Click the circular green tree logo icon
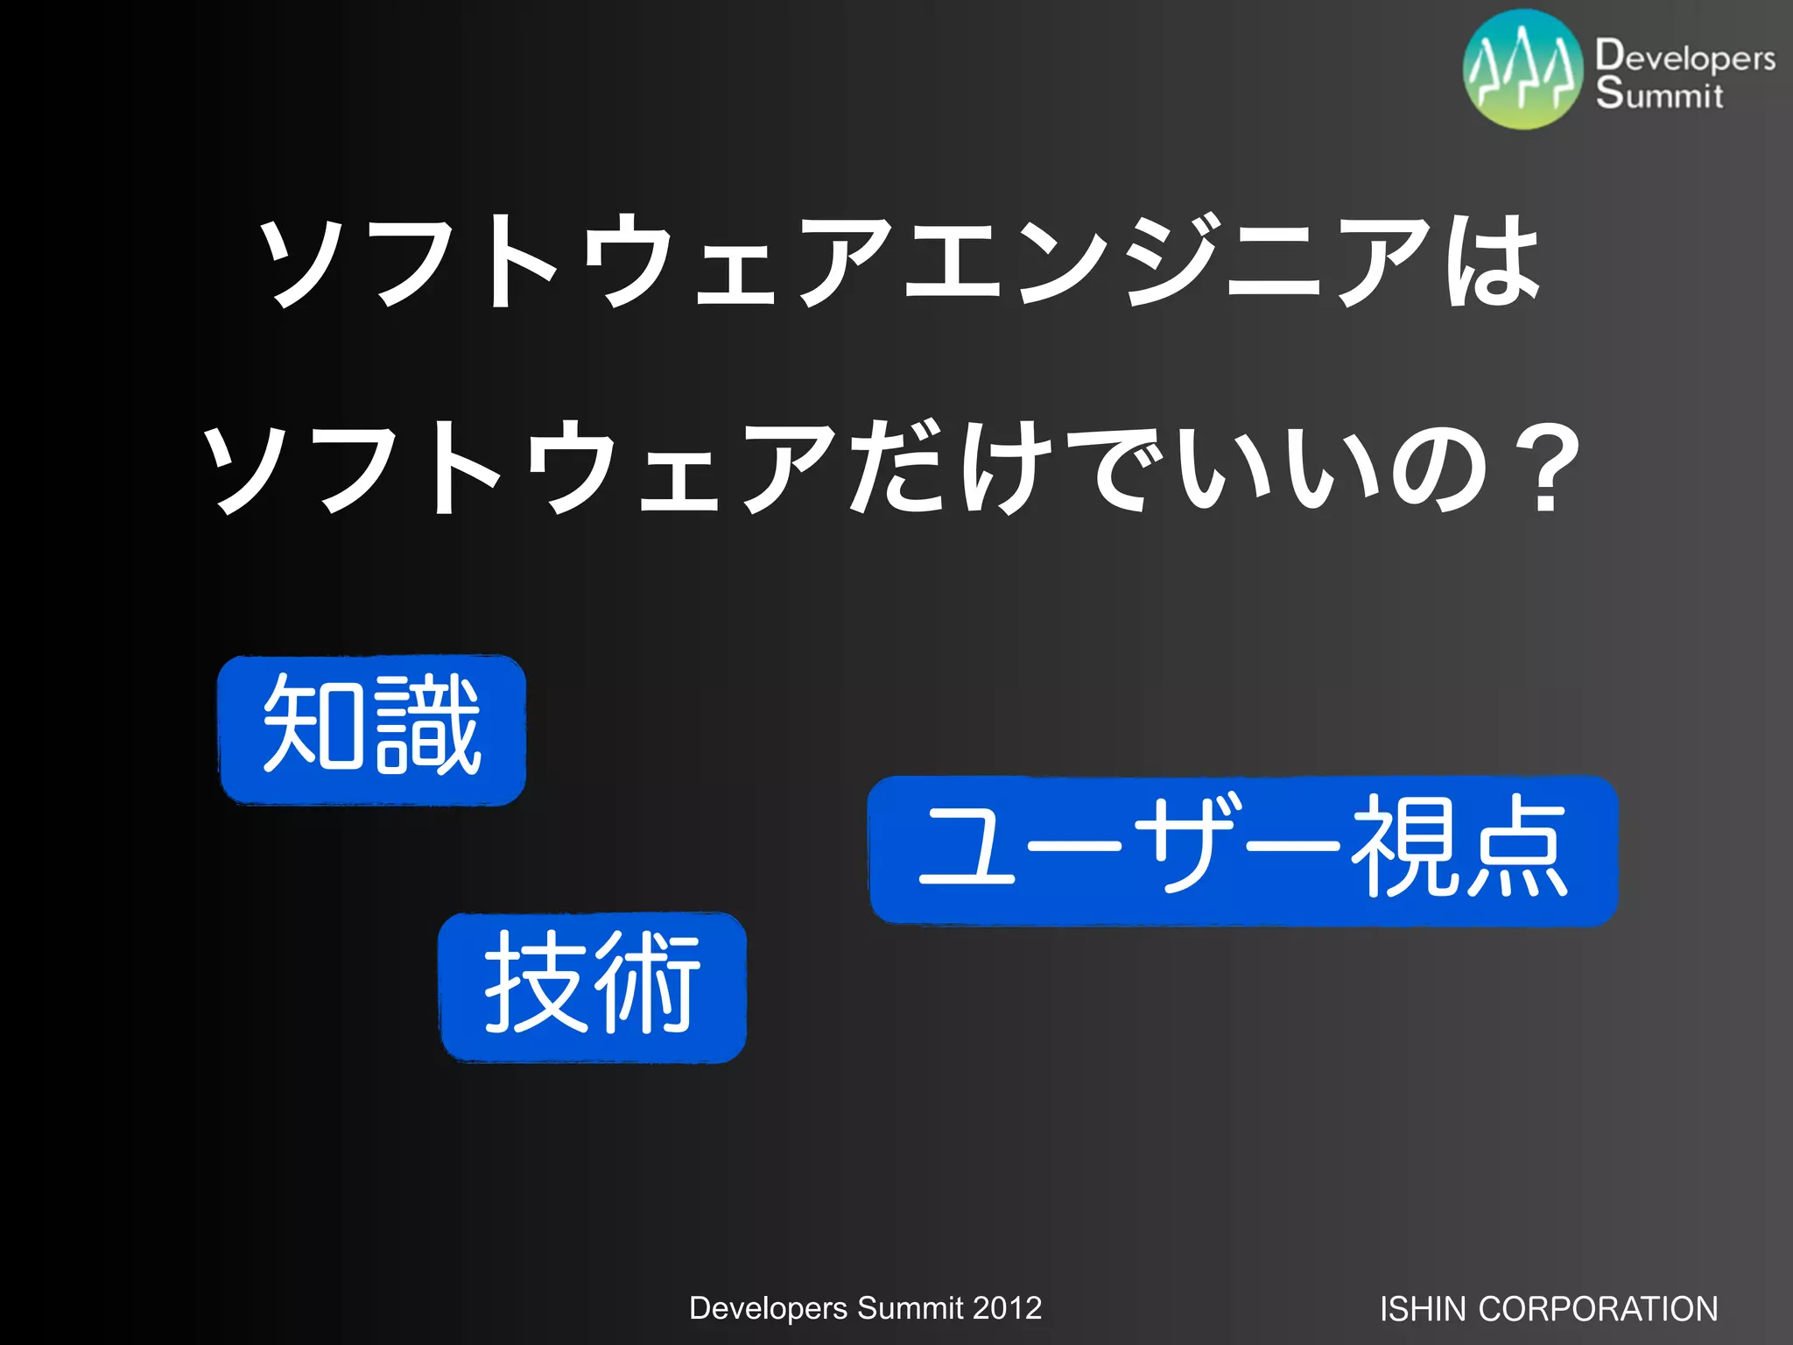[x=1523, y=70]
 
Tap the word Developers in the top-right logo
[x=1684, y=58]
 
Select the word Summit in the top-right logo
[x=1658, y=93]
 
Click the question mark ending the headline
[x=1545, y=468]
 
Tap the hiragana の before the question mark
[x=1440, y=468]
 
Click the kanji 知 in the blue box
[x=314, y=726]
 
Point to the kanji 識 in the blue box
[x=426, y=726]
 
